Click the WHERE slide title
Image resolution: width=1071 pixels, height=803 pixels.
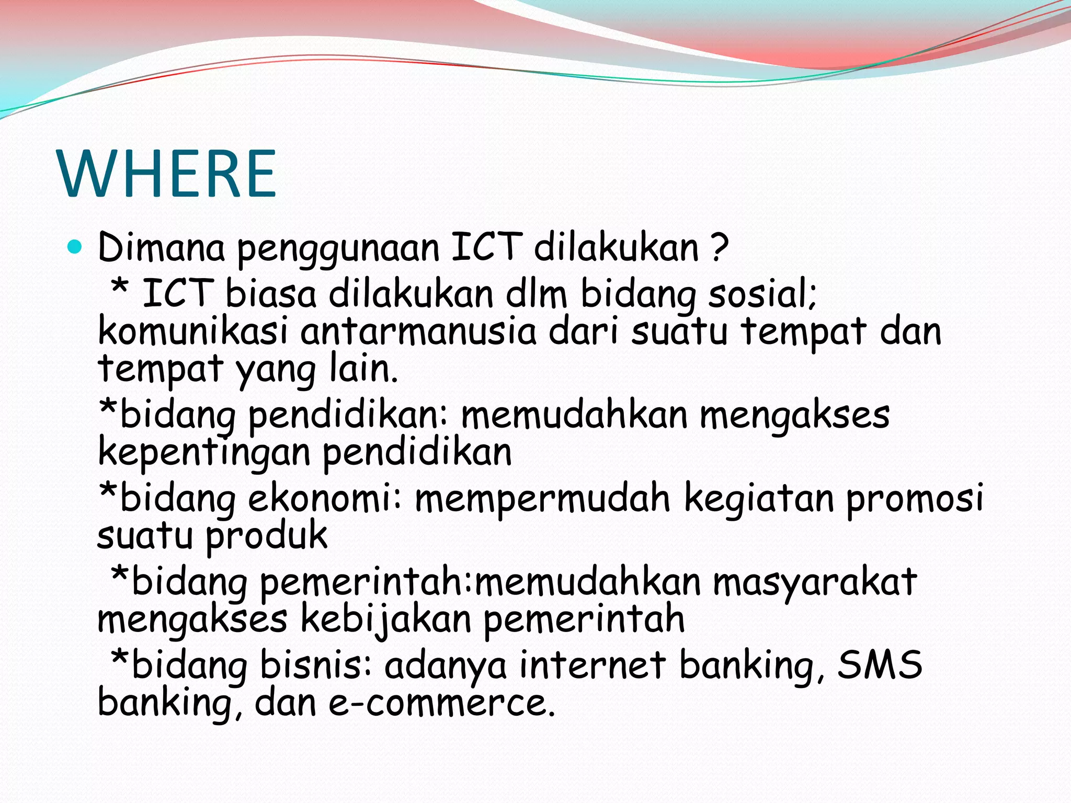167,174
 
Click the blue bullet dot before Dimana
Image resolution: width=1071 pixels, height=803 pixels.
75,247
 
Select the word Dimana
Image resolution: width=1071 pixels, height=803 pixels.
161,248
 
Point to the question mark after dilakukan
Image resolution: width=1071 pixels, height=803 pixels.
720,248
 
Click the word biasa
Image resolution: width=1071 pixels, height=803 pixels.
271,294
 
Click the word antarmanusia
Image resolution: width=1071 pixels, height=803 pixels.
418,332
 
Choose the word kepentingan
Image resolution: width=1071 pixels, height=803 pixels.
204,453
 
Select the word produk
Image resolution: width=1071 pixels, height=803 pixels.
267,536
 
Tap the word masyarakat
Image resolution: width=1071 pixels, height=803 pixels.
815,582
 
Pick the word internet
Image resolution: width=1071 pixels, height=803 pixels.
593,665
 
